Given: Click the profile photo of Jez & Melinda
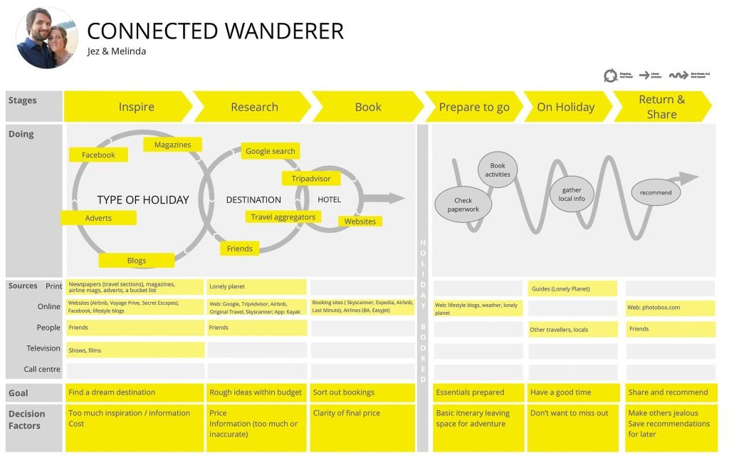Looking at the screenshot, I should click(x=46, y=38).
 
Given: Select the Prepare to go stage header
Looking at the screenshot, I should click(x=473, y=107).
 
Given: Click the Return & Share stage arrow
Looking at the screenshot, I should click(x=661, y=107).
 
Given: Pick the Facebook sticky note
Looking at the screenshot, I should click(x=98, y=155).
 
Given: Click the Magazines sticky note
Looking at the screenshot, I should click(x=172, y=145).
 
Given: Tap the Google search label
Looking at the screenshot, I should click(x=270, y=151).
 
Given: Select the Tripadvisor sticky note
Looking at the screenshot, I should click(x=311, y=178).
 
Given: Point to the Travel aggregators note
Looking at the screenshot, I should click(x=283, y=217).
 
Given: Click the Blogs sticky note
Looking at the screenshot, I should click(x=137, y=260).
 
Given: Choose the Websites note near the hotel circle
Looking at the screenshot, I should click(x=360, y=222).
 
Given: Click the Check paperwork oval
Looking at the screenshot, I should click(x=463, y=204).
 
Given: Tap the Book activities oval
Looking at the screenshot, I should click(x=498, y=170).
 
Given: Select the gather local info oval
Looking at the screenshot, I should click(x=572, y=194).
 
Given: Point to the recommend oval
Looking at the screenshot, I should click(x=656, y=192).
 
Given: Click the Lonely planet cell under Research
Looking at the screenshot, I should click(x=256, y=286).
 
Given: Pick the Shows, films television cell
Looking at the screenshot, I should click(x=135, y=349).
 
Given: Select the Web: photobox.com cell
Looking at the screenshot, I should click(x=670, y=308).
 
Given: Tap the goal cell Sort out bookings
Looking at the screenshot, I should click(x=362, y=392).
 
